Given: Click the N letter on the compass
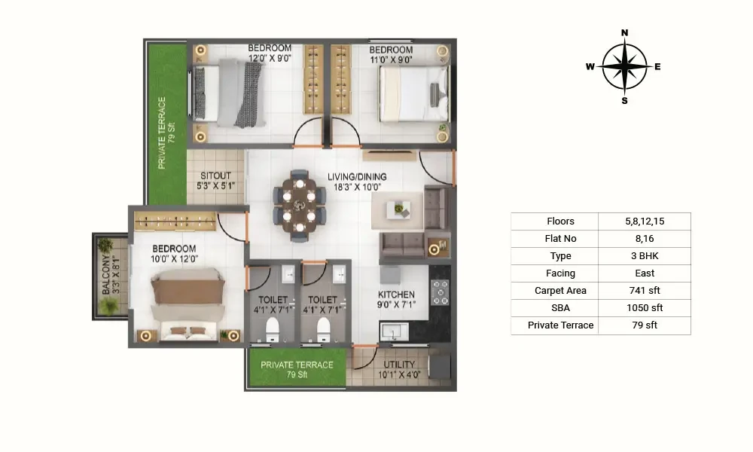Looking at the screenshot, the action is point(624,32).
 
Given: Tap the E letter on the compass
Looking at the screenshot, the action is point(657,67).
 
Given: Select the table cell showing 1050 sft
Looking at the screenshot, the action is point(645,308).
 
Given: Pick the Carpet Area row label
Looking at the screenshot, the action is point(560,291).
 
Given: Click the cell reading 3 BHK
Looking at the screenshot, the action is point(645,256).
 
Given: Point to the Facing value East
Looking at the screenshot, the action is point(645,273).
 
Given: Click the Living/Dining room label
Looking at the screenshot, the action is point(357,177).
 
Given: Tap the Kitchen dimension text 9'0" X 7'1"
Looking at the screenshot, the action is point(396,304).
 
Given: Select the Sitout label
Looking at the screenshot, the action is point(215,176).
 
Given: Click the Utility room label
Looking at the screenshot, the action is point(399,365).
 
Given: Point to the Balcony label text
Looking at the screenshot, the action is point(106,275).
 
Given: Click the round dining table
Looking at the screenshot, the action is point(299,206).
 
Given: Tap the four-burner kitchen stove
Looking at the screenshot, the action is point(440,292).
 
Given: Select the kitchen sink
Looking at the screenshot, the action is point(395,331).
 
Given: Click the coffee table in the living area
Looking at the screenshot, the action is point(398,210).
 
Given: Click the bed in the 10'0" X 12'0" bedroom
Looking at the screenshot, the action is point(187,304).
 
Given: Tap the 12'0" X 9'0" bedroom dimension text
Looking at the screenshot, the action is point(270,59).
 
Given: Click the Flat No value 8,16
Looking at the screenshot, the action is point(645,239).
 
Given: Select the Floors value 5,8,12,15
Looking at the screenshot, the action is point(645,221).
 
